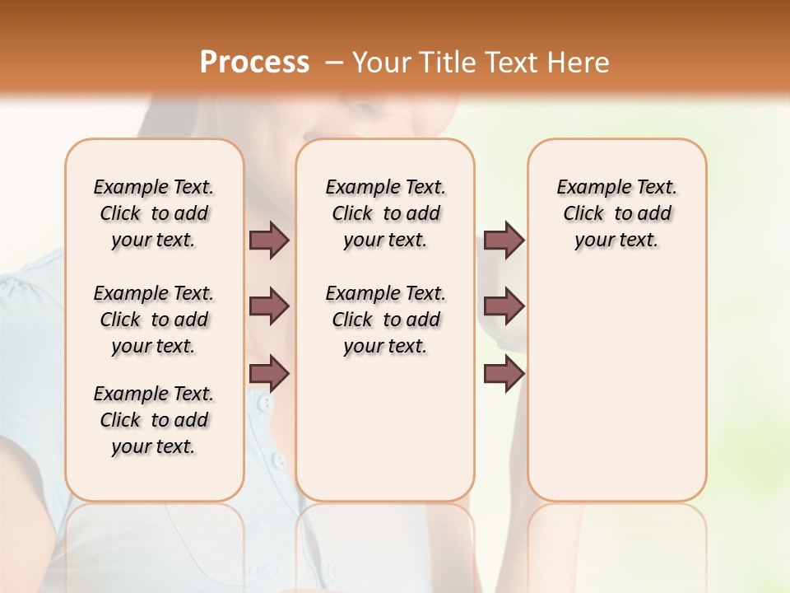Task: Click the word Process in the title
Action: (x=254, y=62)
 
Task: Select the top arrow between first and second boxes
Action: (x=269, y=240)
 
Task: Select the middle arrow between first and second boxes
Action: (x=269, y=306)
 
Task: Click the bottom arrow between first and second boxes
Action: (x=269, y=375)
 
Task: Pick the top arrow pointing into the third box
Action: (x=504, y=240)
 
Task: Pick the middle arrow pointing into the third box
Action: (x=504, y=306)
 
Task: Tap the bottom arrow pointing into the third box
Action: (x=504, y=375)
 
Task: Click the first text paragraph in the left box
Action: (x=154, y=213)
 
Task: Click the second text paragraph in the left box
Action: (x=154, y=320)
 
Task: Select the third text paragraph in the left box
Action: (x=154, y=420)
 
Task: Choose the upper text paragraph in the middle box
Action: (x=385, y=213)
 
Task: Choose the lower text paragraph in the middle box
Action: (x=385, y=320)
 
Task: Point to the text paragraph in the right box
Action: (x=616, y=213)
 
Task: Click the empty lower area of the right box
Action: (x=616, y=395)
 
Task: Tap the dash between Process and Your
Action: (x=334, y=63)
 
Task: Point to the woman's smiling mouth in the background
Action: (x=317, y=137)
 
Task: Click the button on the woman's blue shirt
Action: (x=263, y=404)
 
